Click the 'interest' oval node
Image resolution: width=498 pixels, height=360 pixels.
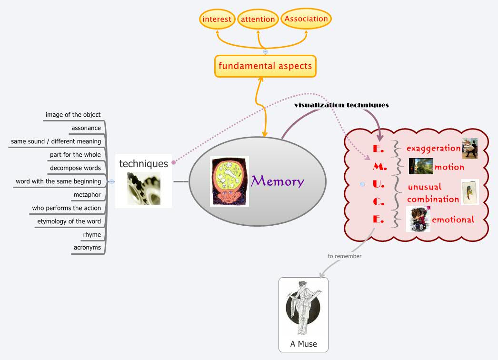pos(217,20)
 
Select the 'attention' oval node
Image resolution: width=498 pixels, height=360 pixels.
pos(258,20)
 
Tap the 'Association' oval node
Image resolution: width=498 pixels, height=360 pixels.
pos(306,19)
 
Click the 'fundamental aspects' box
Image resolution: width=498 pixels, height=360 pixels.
pos(265,66)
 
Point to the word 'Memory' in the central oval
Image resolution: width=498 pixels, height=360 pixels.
pos(277,181)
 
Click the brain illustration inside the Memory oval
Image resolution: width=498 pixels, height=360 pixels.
pos(229,181)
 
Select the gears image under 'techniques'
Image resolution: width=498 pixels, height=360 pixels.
pos(144,189)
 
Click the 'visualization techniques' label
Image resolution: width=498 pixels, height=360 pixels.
pos(341,105)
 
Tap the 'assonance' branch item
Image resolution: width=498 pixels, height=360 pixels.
pos(86,128)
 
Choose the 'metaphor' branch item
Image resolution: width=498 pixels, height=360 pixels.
pos(87,195)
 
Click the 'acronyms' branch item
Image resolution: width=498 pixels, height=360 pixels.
pos(87,248)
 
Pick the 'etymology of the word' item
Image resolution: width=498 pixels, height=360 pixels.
pos(69,221)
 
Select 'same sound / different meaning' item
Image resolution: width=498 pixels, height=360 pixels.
pos(56,141)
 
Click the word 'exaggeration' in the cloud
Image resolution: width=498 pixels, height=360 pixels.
pos(433,148)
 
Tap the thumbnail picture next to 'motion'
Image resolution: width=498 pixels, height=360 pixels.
pos(421,166)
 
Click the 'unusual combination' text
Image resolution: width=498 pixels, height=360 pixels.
pos(432,193)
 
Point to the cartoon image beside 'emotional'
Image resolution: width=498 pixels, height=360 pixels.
pos(418,220)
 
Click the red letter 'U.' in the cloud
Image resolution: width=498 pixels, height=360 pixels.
pos(378,184)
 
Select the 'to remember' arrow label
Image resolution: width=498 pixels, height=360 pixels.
pos(344,256)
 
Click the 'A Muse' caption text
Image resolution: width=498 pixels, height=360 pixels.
pos(303,344)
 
